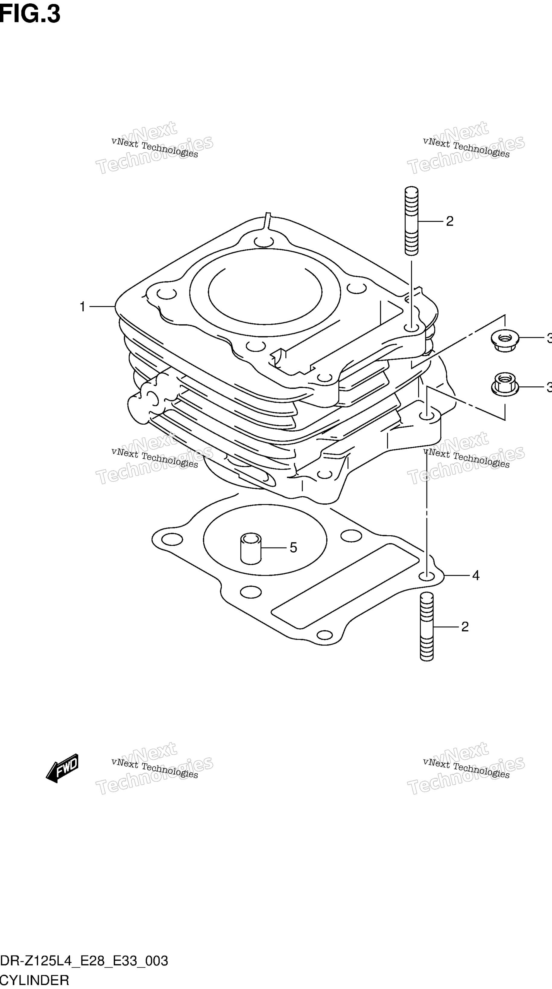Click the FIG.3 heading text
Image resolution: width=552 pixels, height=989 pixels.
pos(30,14)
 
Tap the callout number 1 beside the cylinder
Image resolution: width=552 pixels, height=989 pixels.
pos(82,307)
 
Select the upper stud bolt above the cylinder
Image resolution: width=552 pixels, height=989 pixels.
pos(411,221)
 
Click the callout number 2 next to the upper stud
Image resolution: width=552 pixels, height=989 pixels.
pos(449,221)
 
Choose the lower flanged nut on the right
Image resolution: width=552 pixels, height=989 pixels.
pos(505,384)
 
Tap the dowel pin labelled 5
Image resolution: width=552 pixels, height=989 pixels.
pos(251,548)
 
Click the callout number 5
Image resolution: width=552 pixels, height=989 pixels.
pos(293,548)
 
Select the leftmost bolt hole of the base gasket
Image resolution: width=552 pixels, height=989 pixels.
pos(172,539)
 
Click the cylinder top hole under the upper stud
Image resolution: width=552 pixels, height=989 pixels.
pos(411,329)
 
